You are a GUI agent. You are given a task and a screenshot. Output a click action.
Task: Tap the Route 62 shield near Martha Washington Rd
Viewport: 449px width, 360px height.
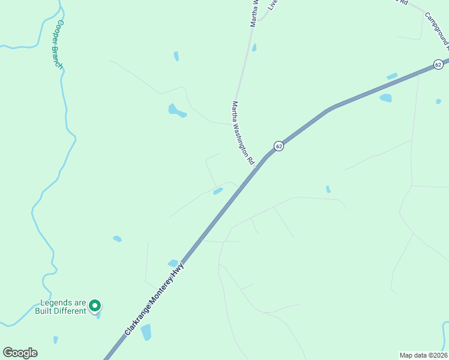tap(279, 146)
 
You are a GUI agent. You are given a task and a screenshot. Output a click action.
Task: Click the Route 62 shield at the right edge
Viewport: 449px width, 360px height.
tap(438, 64)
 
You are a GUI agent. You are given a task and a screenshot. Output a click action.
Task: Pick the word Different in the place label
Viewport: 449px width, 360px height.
tap(69, 311)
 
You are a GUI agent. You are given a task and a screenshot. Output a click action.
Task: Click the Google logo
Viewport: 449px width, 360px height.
tap(20, 353)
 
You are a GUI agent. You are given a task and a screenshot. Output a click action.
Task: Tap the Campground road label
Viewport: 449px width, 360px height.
tap(438, 30)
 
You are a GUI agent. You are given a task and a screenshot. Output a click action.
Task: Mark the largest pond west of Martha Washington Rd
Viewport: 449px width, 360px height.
tap(176, 110)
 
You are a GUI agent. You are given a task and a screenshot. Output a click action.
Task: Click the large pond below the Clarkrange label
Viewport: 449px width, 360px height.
tap(146, 332)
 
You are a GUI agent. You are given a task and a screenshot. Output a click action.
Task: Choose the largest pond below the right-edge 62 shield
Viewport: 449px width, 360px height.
tap(385, 98)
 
